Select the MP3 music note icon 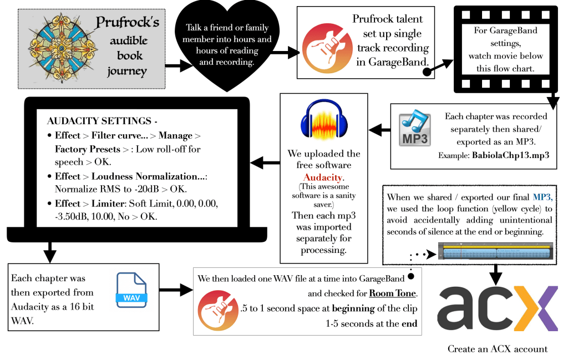pyautogui.click(x=415, y=129)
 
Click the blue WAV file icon pyautogui.click(x=131, y=290)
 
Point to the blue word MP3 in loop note pyautogui.click(x=542, y=197)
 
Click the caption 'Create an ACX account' pyautogui.click(x=498, y=349)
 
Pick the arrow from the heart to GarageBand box pyautogui.click(x=283, y=52)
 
